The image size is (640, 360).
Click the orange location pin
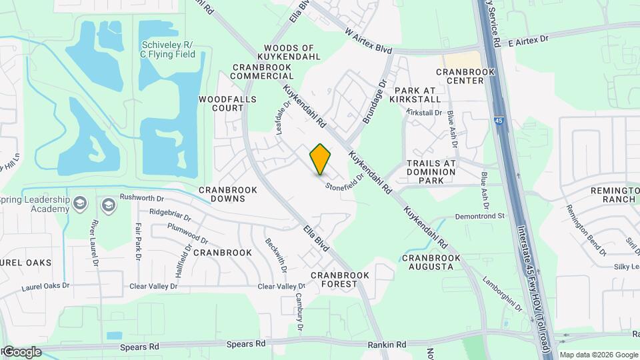click(x=320, y=159)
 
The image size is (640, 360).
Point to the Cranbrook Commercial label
click(x=262, y=71)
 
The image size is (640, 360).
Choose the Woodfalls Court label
click(x=221, y=103)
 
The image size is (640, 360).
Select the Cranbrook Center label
click(x=465, y=76)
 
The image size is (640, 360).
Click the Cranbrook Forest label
click(x=340, y=279)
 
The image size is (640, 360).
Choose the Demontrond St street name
click(x=481, y=216)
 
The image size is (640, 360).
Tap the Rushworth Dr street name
click(x=141, y=198)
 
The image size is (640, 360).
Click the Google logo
click(x=22, y=351)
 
